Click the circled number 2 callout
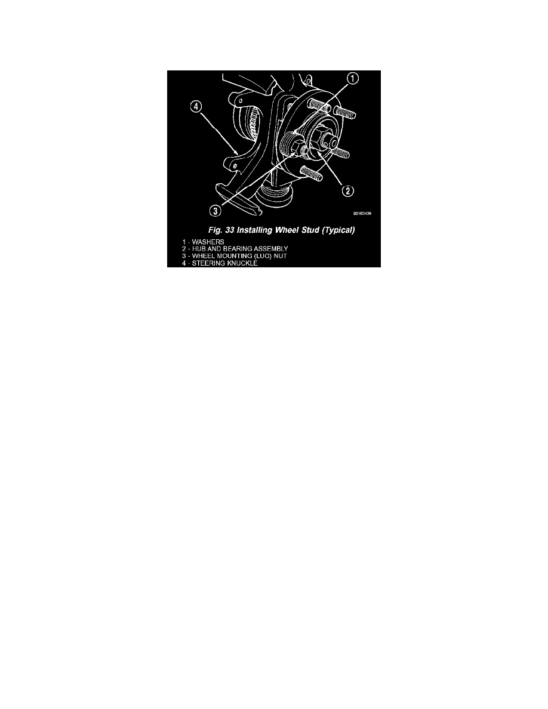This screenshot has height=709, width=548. pyautogui.click(x=348, y=191)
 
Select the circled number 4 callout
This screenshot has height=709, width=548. pyautogui.click(x=196, y=107)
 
